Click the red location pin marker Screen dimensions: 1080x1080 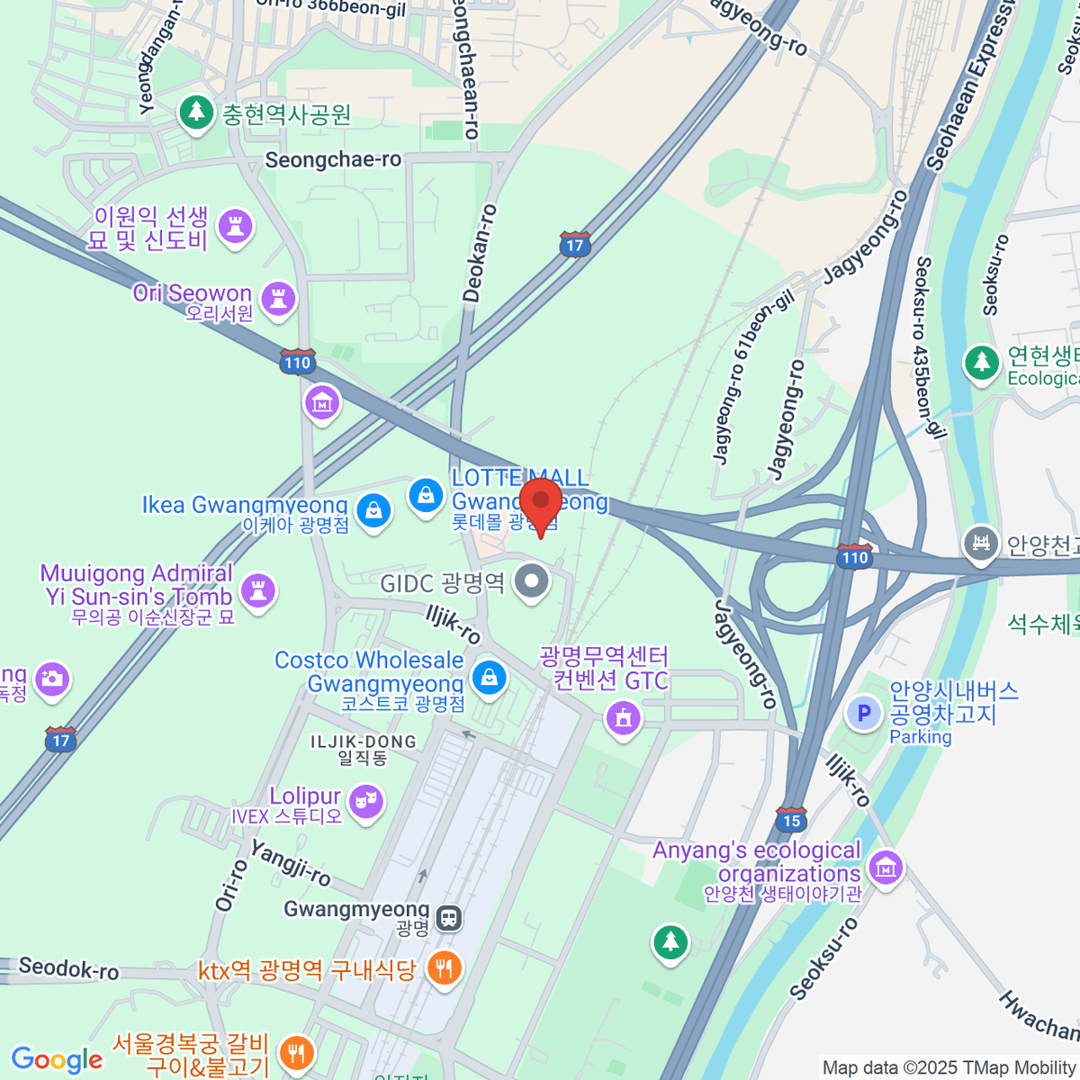click(541, 503)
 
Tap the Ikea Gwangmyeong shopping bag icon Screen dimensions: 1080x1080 click(373, 511)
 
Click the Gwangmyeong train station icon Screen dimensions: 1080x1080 click(448, 918)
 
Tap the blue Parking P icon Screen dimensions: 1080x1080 click(864, 714)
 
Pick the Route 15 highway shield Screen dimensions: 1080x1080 click(791, 819)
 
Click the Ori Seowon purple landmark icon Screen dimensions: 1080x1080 click(277, 297)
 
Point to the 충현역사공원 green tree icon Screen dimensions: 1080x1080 click(194, 113)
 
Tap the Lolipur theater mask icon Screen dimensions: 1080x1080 click(365, 800)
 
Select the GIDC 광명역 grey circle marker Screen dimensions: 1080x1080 click(531, 580)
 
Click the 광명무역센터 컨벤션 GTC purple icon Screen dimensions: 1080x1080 click(623, 717)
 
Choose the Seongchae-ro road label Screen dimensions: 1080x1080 click(333, 160)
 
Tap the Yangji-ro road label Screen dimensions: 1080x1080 click(290, 862)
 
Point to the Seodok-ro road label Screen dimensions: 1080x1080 click(68, 968)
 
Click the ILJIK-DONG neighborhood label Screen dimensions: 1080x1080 click(364, 742)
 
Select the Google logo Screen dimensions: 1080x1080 click(58, 1059)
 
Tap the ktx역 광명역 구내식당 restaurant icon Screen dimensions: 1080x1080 click(443, 968)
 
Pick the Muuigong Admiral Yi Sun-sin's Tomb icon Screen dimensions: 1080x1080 click(258, 590)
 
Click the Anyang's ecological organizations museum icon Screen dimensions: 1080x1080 click(886, 868)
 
